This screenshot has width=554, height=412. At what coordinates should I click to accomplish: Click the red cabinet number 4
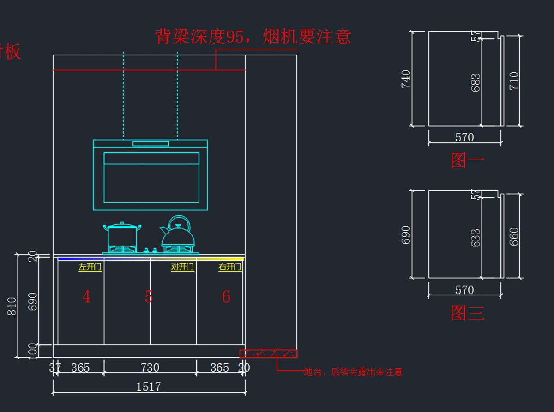[86, 297]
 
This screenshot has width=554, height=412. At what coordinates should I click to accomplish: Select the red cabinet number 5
[148, 297]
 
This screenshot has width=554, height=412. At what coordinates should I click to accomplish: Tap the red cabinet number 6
[226, 297]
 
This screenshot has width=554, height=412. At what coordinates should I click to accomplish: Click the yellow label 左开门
[90, 267]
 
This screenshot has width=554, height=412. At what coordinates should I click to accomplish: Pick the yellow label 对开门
[182, 267]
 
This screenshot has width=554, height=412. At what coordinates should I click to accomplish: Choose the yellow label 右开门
[230, 267]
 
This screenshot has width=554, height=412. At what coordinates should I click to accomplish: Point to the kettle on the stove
[177, 234]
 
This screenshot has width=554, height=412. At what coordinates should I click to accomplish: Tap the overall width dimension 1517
[149, 387]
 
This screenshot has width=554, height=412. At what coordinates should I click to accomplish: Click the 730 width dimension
[150, 368]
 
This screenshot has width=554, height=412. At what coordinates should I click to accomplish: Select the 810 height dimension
[12, 306]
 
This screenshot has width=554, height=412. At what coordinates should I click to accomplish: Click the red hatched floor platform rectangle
[268, 354]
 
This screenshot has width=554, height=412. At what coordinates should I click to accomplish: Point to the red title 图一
[467, 160]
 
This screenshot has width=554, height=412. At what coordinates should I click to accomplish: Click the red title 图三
[467, 313]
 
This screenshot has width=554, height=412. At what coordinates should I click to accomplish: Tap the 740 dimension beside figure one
[406, 79]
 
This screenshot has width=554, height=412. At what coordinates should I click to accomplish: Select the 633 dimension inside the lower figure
[476, 238]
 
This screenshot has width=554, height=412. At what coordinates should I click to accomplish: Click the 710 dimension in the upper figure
[514, 80]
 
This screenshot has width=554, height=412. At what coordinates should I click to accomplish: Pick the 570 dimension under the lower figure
[464, 290]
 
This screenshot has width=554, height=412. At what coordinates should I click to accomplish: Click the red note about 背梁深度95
[253, 37]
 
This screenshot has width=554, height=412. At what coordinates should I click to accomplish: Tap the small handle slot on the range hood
[150, 144]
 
